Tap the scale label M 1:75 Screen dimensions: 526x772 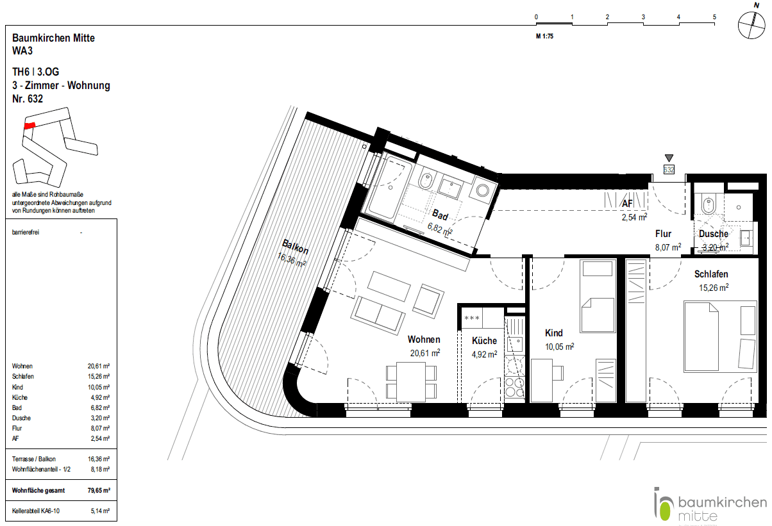[x=544, y=37]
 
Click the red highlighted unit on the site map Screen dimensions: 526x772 [x=28, y=126]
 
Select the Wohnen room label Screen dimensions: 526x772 [x=424, y=340]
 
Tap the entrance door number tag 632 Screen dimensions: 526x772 [x=669, y=170]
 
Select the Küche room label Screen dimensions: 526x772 [x=484, y=341]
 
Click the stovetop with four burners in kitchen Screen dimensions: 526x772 [x=514, y=387]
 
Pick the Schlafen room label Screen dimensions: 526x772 [x=711, y=274]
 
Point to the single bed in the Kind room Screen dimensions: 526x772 [x=598, y=297]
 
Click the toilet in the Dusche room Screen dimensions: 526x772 [x=709, y=204]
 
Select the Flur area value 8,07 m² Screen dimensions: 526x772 [x=667, y=246]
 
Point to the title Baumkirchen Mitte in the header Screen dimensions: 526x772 [x=53, y=38]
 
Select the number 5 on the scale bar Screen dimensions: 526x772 [x=714, y=17]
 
